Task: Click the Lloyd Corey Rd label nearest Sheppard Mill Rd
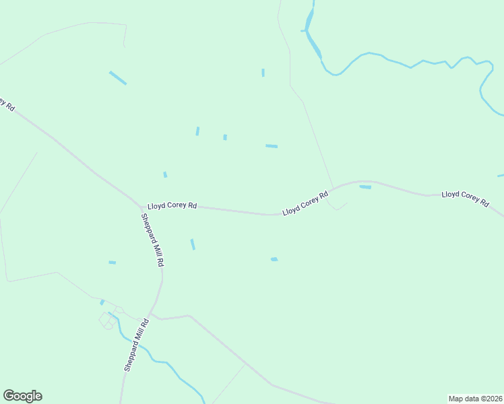172,205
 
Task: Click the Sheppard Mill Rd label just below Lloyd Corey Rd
152,240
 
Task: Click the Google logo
22,396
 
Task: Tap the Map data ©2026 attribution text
475,398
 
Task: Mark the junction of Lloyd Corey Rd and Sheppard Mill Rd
139,205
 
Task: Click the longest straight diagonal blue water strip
118,77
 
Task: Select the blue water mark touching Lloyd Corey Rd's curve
365,187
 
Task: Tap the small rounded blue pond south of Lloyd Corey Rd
274,259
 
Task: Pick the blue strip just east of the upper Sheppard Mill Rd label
193,244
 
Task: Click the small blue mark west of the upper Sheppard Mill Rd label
112,262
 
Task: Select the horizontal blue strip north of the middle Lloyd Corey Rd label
271,145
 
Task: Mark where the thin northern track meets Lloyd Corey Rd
332,187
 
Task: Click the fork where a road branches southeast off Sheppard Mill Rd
153,313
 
